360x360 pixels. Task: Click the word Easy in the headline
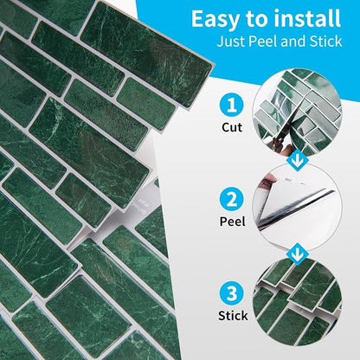click(x=215, y=20)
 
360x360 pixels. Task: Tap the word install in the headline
click(x=307, y=18)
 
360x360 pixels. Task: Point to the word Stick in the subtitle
click(x=325, y=42)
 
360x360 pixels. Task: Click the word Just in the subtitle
click(x=231, y=42)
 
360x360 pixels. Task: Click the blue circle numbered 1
click(x=232, y=106)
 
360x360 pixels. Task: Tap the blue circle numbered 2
click(x=231, y=199)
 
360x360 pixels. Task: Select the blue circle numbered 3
click(x=232, y=293)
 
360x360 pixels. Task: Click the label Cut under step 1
click(x=232, y=127)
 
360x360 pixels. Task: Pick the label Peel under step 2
click(x=232, y=222)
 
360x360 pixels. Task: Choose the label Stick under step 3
click(x=233, y=316)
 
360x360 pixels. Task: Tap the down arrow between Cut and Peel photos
click(x=297, y=162)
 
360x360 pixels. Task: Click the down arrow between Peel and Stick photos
click(x=297, y=254)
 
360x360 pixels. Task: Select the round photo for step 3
click(x=297, y=301)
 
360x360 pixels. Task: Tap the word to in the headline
click(x=256, y=20)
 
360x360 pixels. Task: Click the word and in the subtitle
click(x=293, y=42)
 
